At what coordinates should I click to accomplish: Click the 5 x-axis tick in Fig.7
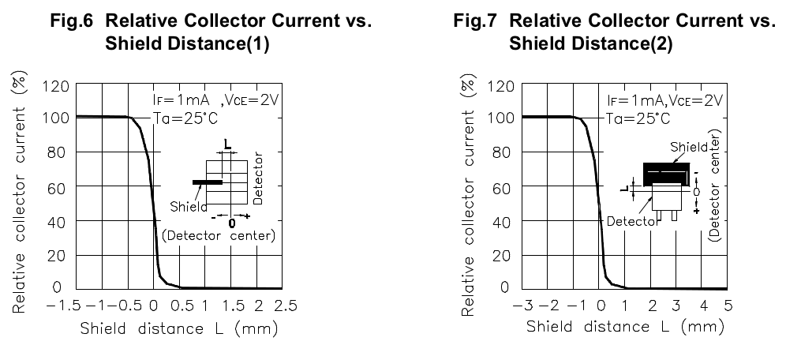[x=728, y=305]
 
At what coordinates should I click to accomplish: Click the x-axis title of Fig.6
[x=178, y=328]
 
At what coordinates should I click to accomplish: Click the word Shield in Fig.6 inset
[x=188, y=207]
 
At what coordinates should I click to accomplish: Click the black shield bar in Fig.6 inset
[x=208, y=182]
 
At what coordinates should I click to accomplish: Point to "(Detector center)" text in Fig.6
[x=218, y=236]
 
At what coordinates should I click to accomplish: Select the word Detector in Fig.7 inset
[x=633, y=222]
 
